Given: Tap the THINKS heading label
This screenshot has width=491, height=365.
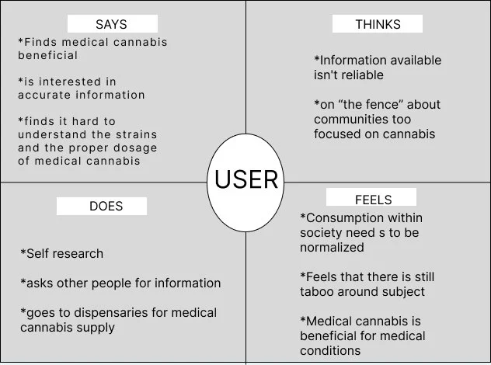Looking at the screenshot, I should (378, 24).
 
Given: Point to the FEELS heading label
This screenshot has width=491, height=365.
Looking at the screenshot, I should (371, 199).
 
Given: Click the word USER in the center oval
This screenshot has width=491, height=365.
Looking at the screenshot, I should (245, 179).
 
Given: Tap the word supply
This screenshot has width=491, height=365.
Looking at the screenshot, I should (96, 327).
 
